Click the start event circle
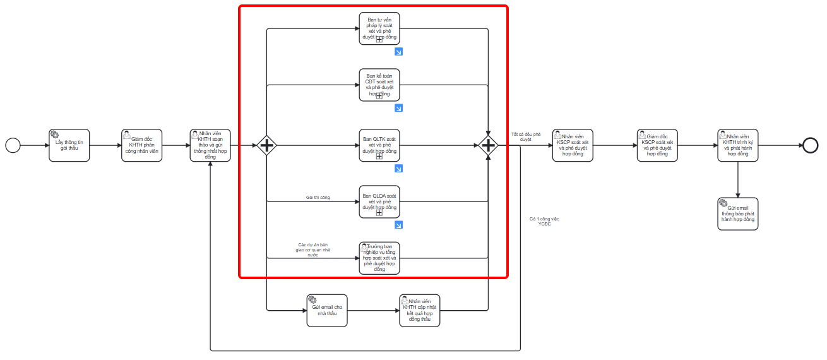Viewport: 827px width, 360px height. [13, 145]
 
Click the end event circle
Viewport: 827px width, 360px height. [811, 145]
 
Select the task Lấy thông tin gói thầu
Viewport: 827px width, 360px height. [69, 145]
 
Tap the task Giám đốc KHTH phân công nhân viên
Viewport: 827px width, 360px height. [142, 145]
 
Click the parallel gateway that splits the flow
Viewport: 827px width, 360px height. [266, 146]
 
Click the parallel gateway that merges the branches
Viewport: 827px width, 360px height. [488, 146]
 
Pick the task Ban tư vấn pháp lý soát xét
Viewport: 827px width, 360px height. [379, 28]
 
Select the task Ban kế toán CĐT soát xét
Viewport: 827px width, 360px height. [379, 85]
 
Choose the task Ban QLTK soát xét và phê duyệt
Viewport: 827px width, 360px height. [379, 145]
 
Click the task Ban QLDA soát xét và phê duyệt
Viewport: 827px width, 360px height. [379, 201]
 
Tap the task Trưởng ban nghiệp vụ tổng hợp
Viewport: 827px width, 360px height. [379, 258]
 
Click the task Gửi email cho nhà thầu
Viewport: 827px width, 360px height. [327, 310]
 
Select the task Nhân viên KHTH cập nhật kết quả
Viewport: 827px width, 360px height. [419, 310]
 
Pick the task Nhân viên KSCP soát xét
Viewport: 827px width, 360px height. [573, 145]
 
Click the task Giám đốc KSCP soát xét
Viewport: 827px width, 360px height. [657, 145]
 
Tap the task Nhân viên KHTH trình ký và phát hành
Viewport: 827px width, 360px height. [737, 145]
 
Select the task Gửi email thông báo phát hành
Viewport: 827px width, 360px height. [737, 214]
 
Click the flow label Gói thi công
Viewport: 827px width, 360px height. [318, 198]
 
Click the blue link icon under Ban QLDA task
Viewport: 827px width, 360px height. [398, 225]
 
